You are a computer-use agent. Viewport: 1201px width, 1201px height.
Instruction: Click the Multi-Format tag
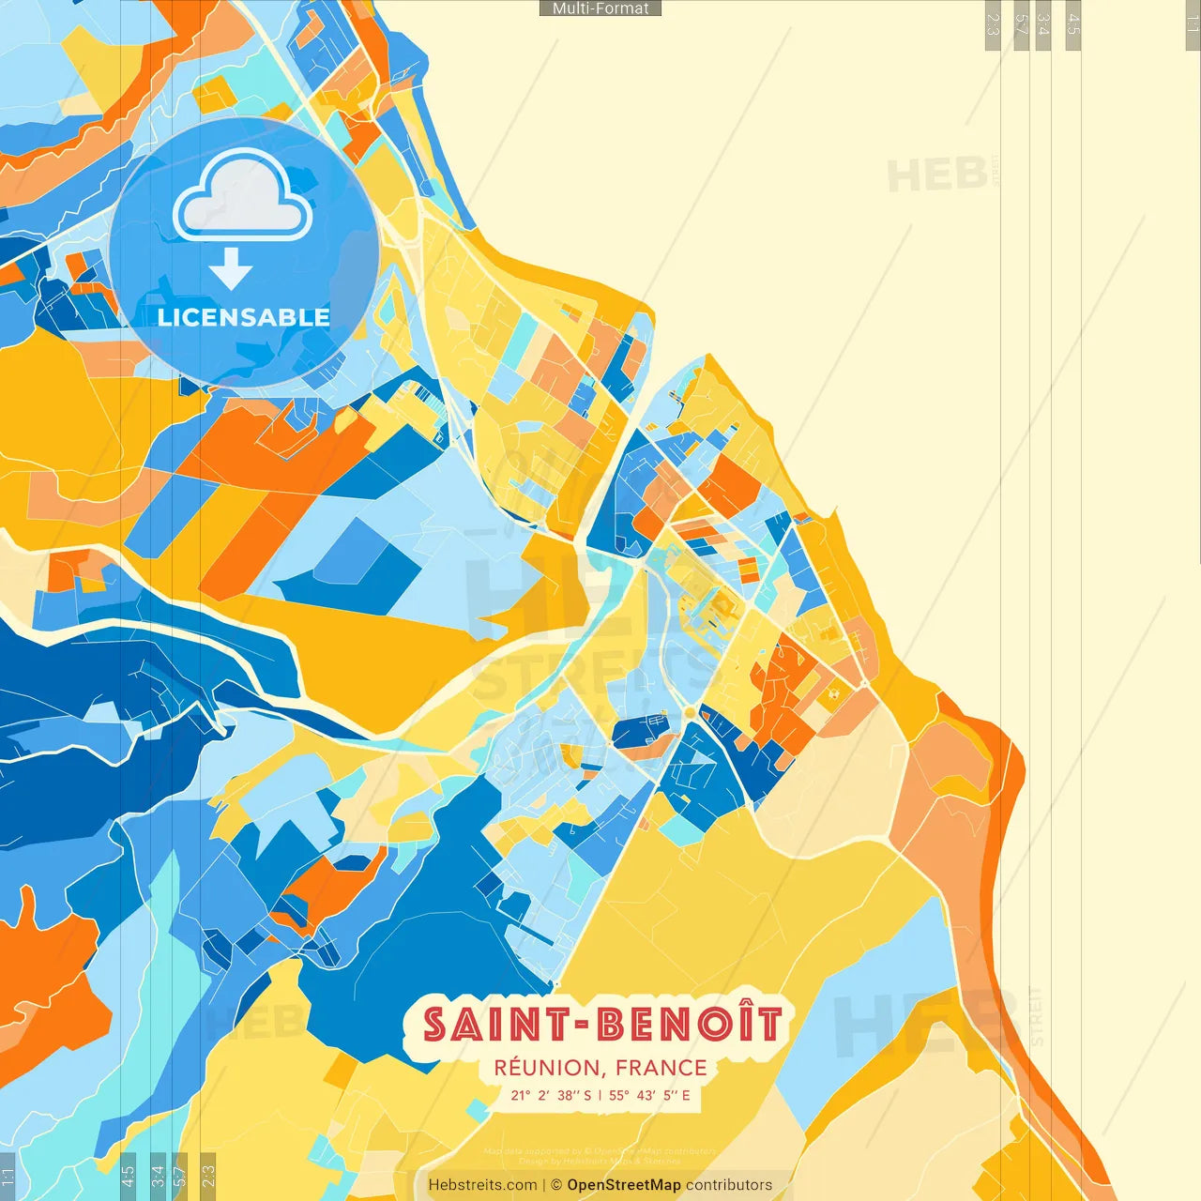click(600, 8)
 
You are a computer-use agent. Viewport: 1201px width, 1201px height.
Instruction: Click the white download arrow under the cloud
click(231, 268)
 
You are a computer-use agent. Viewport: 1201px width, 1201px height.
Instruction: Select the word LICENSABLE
click(244, 317)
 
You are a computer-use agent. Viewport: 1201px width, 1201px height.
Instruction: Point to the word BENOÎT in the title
click(690, 1025)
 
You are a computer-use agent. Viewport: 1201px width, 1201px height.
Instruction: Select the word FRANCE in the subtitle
click(661, 1068)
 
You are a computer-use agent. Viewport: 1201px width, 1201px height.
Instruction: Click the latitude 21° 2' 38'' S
click(551, 1095)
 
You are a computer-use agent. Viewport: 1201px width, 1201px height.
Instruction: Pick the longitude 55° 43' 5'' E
click(649, 1095)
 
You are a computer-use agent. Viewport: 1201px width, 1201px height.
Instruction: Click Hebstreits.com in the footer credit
click(482, 1185)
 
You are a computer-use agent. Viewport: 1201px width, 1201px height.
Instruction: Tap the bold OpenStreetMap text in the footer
click(624, 1185)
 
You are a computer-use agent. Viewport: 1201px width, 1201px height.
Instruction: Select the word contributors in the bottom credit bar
click(729, 1185)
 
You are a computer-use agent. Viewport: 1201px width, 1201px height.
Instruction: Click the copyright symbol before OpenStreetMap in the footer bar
click(556, 1185)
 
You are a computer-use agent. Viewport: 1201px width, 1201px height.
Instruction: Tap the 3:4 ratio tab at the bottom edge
click(158, 1177)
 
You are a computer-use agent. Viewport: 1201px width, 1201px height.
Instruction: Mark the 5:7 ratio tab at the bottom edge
click(181, 1177)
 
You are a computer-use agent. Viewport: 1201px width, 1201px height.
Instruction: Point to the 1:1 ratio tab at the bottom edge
click(8, 1177)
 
